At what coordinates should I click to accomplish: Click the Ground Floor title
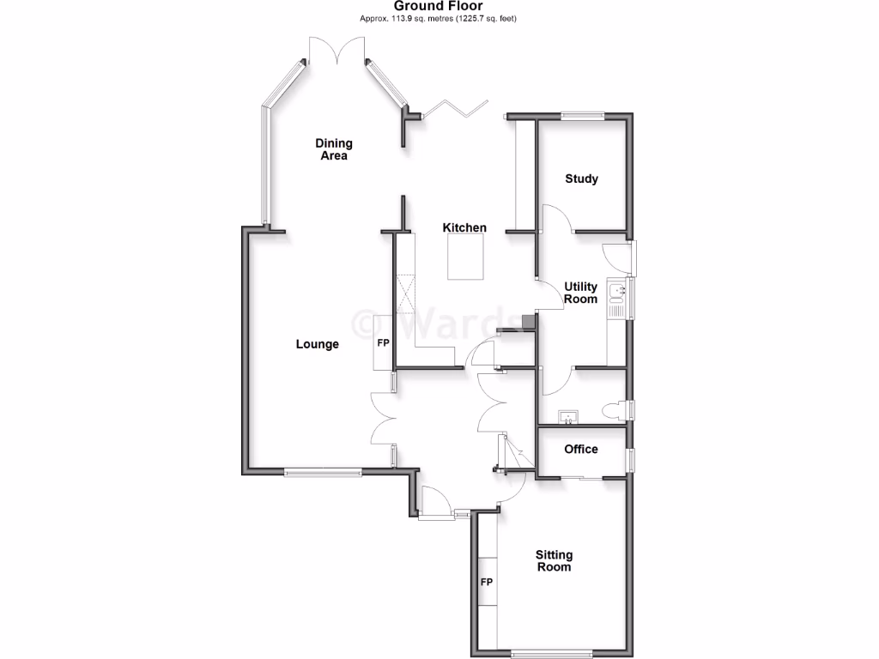point(439,6)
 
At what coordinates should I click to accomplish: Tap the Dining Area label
point(334,149)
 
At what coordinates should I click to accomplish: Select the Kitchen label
point(464,227)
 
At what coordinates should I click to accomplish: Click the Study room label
point(581,178)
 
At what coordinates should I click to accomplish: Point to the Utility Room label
point(580,293)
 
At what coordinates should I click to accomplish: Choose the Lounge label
point(318,344)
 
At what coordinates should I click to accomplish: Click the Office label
point(581,449)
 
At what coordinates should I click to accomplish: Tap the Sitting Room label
point(554,560)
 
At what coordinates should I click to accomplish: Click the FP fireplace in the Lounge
point(383,344)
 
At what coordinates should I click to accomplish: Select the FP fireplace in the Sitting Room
point(487,582)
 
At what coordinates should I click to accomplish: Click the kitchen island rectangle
point(466,257)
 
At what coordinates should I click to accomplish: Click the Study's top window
point(582,115)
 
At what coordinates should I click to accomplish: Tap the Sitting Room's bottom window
point(552,654)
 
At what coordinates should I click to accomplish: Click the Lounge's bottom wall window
point(324,470)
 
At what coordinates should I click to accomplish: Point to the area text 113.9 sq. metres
point(412,18)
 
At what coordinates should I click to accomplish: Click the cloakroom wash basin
point(568,418)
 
